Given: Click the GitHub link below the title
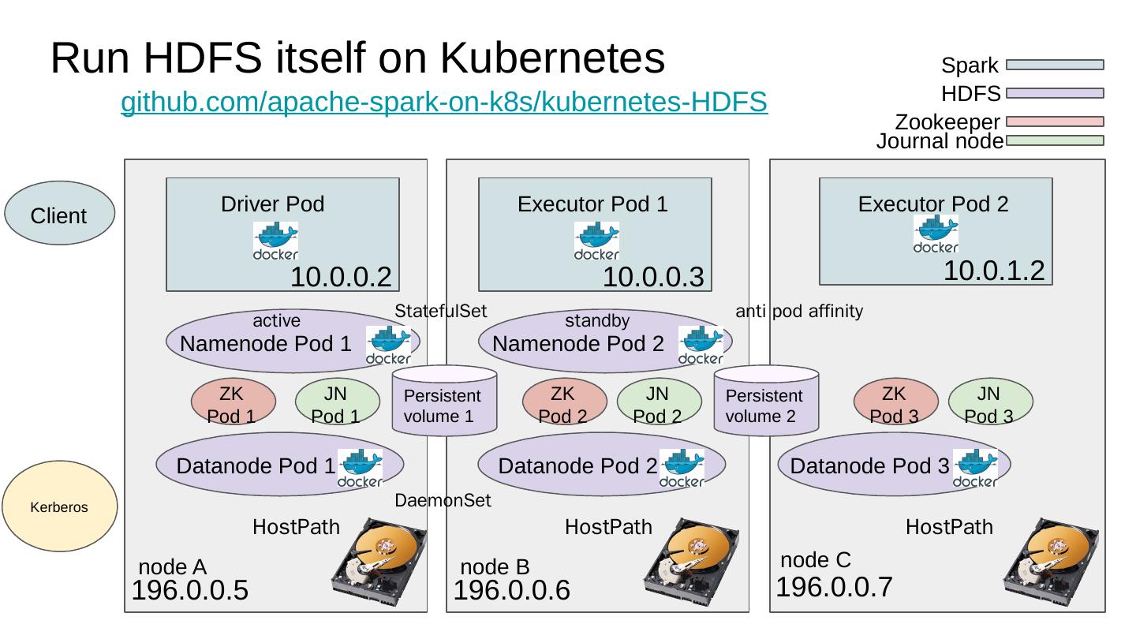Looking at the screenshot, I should tap(443, 102).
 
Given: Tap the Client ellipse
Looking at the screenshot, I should tap(59, 215).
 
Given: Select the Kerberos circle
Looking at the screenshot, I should tap(59, 506).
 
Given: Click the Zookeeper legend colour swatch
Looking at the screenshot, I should tap(1055, 122).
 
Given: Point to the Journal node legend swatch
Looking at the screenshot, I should tap(1055, 140).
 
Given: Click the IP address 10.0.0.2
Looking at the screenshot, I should tap(341, 277).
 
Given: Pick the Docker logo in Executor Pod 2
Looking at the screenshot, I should tap(936, 234).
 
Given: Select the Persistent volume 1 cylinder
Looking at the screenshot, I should tap(444, 400).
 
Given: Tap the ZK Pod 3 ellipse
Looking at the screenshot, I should tap(895, 403).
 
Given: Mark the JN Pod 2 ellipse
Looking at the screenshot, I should tap(658, 403).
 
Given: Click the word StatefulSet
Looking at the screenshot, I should tap(441, 311).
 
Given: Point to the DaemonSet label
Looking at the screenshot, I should tap(443, 501).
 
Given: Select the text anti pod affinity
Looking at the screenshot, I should tap(798, 312).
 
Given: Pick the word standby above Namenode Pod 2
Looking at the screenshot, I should tap(597, 321).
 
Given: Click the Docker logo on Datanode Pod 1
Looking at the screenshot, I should tap(360, 468).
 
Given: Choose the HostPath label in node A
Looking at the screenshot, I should tap(296, 526).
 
